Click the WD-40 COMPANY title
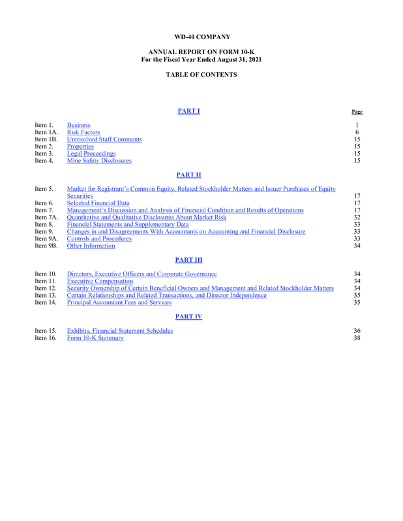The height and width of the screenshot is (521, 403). (x=201, y=37)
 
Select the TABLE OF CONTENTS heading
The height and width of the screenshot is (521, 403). (x=201, y=75)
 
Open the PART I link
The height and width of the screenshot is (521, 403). (x=188, y=111)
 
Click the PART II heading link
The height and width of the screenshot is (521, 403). (x=188, y=175)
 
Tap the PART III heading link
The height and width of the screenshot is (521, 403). (x=188, y=260)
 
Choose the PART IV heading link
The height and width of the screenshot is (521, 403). (x=188, y=317)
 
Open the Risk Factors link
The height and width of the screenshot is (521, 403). (x=83, y=132)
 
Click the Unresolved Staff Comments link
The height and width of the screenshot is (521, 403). (x=104, y=139)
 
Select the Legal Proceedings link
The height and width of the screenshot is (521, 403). (x=91, y=154)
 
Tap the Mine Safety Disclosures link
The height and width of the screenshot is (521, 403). (x=99, y=161)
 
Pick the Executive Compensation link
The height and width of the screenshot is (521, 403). (x=100, y=281)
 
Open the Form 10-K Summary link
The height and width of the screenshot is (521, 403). (x=95, y=338)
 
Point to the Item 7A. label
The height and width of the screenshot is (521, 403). (x=46, y=218)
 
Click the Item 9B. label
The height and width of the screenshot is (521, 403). (x=46, y=246)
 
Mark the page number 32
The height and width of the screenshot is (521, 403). (x=357, y=218)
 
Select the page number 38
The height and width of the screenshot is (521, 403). (x=357, y=338)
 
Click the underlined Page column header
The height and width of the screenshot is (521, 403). (x=357, y=112)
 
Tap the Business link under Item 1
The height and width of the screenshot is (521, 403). (x=79, y=125)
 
